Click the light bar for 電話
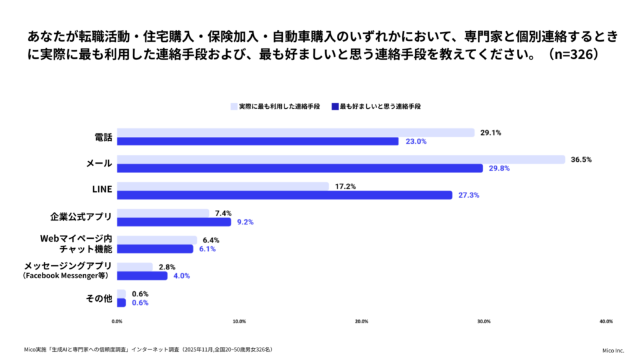pos(296,132)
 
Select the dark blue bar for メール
pos(300,168)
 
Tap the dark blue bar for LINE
pos(284,195)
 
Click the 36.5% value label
pos(581,159)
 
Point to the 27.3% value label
pos(469,195)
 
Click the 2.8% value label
pos(166,267)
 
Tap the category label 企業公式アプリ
pos(81,217)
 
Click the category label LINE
pos(101,190)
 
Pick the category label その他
pos(99,298)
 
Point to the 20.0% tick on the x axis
pos(361,321)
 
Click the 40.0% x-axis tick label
pos(605,321)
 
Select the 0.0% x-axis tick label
pos(117,321)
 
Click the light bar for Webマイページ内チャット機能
pos(157,240)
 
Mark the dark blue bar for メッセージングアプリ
pos(142,276)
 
